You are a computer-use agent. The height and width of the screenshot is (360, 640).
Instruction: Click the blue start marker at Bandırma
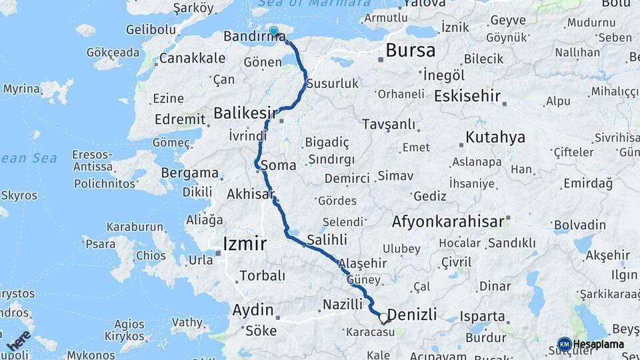pyautogui.click(x=273, y=31)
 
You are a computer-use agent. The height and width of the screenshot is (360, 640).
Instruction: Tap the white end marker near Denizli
pyautogui.click(x=383, y=319)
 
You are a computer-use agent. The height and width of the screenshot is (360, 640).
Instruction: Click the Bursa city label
pyautogui.click(x=410, y=50)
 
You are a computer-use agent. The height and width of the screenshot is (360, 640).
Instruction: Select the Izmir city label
pyautogui.click(x=245, y=243)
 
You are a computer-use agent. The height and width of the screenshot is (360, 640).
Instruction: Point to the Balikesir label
pyautogui.click(x=245, y=113)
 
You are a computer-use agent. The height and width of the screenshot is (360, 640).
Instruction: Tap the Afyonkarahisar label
pyautogui.click(x=448, y=221)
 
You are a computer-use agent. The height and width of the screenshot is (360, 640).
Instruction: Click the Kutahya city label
pyautogui.click(x=495, y=138)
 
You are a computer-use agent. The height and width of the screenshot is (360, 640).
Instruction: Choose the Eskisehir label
pyautogui.click(x=467, y=96)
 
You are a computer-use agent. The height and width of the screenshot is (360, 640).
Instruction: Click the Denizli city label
pyautogui.click(x=412, y=314)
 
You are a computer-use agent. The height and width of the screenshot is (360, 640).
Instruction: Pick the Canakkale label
pyautogui.click(x=192, y=58)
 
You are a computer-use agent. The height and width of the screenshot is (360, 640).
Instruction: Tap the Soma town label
pyautogui.click(x=279, y=165)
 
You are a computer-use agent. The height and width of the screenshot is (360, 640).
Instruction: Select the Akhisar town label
pyautogui.click(x=251, y=195)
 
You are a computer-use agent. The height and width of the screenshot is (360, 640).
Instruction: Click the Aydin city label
pyautogui.click(x=253, y=310)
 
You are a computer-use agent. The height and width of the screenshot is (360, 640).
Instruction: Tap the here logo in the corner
pyautogui.click(x=18, y=340)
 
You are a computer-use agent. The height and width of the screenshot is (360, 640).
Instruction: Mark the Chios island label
pyautogui.click(x=151, y=255)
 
